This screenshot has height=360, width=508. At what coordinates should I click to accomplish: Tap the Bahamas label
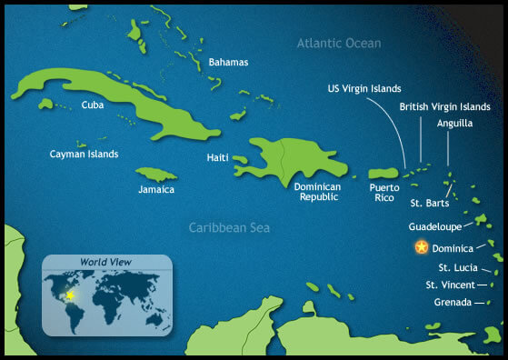[228, 63]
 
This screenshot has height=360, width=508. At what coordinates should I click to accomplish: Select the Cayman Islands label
[84, 155]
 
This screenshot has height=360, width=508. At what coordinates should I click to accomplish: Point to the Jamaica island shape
[155, 173]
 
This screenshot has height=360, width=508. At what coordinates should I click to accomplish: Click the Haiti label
[218, 157]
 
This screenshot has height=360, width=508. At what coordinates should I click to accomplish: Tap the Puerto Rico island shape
[382, 173]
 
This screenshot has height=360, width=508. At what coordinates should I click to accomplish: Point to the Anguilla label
[454, 123]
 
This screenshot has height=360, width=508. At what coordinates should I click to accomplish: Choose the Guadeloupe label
[435, 226]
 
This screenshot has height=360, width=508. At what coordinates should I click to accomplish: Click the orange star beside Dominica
[421, 246]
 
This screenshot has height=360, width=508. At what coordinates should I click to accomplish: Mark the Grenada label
[453, 302]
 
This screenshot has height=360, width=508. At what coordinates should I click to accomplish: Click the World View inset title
[105, 263]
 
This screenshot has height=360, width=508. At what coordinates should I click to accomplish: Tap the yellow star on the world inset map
[71, 296]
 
